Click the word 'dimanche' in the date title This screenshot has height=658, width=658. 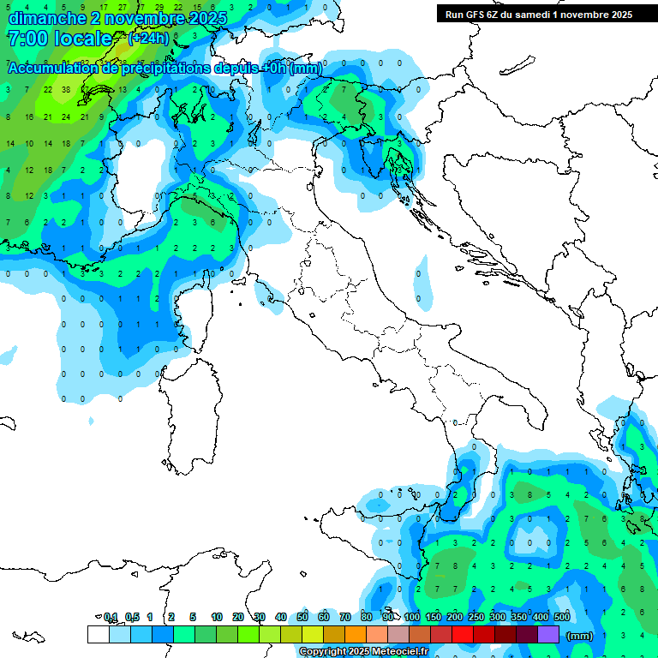tap(44, 18)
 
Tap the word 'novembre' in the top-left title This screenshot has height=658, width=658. tap(146, 18)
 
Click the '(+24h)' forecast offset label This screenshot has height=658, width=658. tap(148, 39)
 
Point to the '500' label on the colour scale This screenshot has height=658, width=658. tap(563, 617)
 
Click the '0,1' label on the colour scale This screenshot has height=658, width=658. tap(111, 617)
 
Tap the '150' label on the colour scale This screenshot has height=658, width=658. tap(434, 617)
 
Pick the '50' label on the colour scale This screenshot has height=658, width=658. tap(302, 617)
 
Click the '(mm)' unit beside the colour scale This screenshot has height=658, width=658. tap(580, 636)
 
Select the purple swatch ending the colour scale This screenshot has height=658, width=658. tap(548, 634)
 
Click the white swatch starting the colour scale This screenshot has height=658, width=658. tap(98, 634)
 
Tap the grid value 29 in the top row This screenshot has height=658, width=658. tap(159, 7)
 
